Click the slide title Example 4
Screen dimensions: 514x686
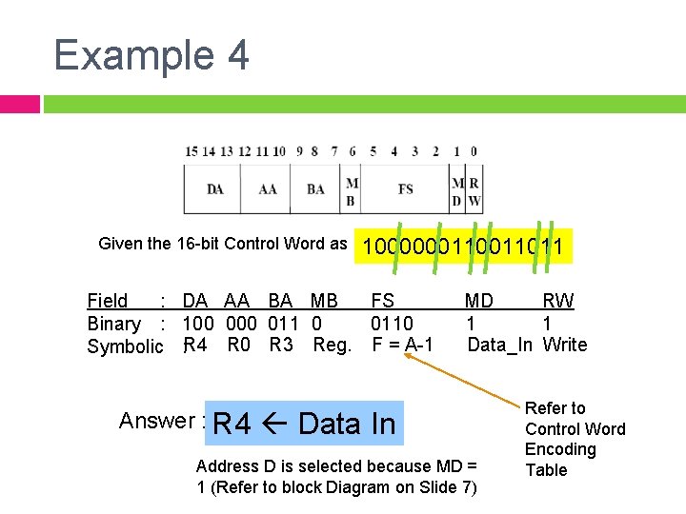click(151, 55)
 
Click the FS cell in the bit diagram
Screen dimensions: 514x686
click(405, 189)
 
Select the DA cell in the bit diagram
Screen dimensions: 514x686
click(216, 189)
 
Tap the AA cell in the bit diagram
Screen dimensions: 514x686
click(268, 189)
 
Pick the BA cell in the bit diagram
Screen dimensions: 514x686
click(316, 189)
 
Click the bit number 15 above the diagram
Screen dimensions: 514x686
click(192, 151)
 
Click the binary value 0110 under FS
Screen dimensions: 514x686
click(392, 324)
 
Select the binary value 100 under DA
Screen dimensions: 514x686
click(198, 324)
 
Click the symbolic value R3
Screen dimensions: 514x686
click(281, 345)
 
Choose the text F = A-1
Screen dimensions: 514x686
click(402, 345)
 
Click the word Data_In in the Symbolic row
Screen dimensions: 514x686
click(499, 345)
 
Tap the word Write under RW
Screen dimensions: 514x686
click(565, 345)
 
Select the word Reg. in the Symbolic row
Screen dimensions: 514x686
click(333, 345)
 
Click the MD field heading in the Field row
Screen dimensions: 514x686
click(479, 302)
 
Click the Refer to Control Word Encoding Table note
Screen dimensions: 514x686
click(575, 439)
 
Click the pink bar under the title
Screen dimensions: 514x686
click(20, 104)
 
